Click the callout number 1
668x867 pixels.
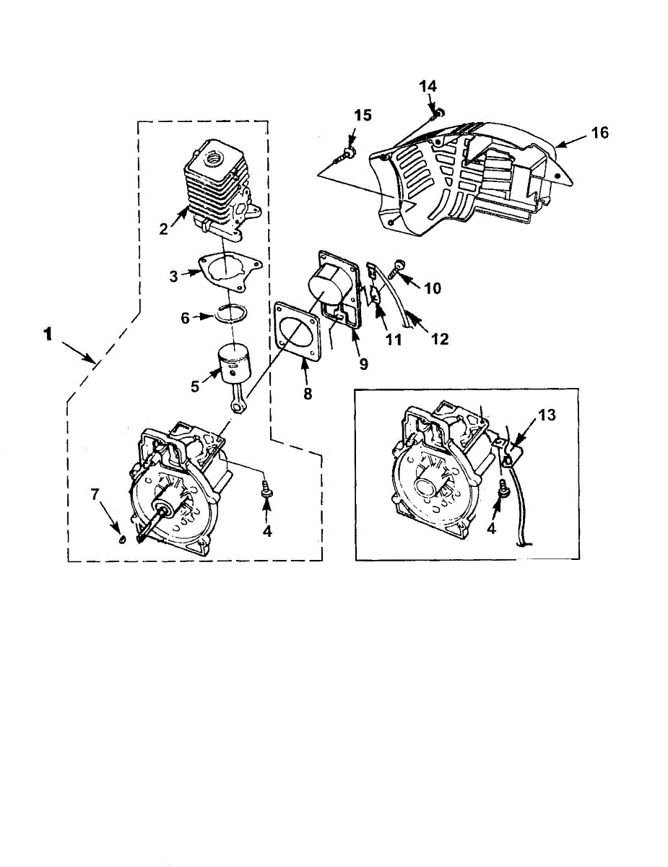pyautogui.click(x=48, y=335)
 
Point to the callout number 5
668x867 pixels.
pyautogui.click(x=194, y=387)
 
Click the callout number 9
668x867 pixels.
pyautogui.click(x=363, y=363)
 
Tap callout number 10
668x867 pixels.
pyautogui.click(x=432, y=288)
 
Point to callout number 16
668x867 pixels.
pyautogui.click(x=599, y=132)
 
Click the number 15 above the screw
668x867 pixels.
pyautogui.click(x=363, y=116)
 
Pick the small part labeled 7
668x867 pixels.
pyautogui.click(x=122, y=538)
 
